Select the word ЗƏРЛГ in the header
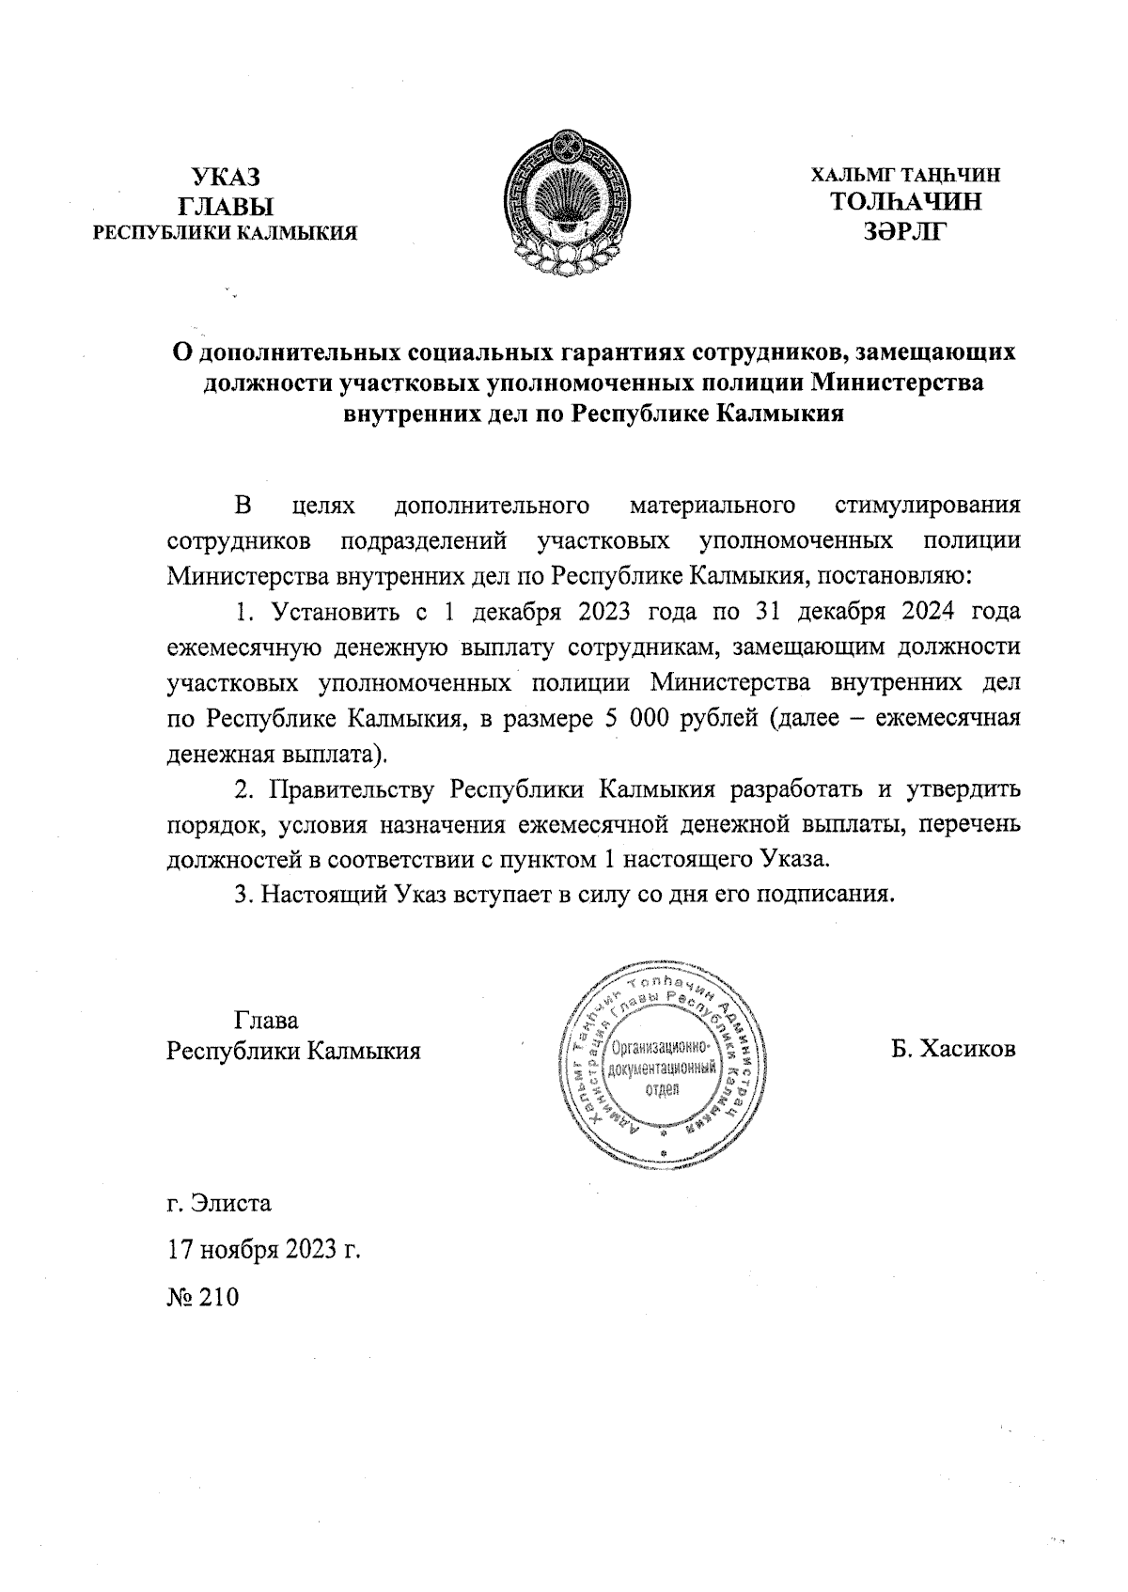coord(906,230)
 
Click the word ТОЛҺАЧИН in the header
coord(906,202)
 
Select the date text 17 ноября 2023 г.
coord(264,1250)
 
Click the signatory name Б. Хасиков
coord(954,1048)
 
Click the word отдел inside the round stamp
coord(663,1088)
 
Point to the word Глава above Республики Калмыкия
coord(266,1020)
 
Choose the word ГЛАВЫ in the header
coord(226,205)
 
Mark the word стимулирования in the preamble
coord(926,507)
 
